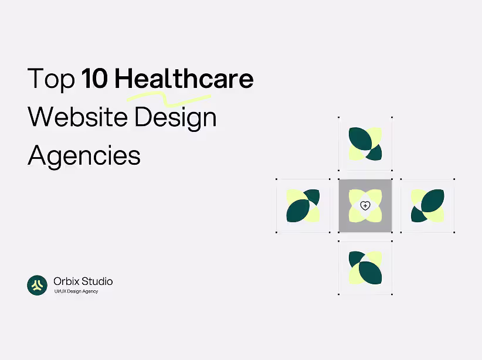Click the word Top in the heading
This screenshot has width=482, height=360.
coord(52,80)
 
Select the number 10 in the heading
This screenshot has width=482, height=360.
coord(96,79)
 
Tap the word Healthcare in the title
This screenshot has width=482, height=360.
coord(184,79)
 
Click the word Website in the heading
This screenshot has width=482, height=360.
coord(78,117)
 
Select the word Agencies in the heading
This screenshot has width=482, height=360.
coord(84,156)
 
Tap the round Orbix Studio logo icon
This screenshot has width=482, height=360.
coord(37,285)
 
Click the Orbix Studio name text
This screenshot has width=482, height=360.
coord(83,281)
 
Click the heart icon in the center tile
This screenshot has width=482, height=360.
coord(365,206)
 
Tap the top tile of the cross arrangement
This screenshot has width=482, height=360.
coord(365,144)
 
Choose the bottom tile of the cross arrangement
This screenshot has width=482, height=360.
coord(365,268)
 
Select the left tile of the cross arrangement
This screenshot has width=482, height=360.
coord(303,206)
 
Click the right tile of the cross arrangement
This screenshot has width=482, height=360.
coord(427,206)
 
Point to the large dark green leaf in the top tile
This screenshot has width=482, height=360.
coord(359,138)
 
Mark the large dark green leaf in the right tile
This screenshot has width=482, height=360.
coord(433,200)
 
